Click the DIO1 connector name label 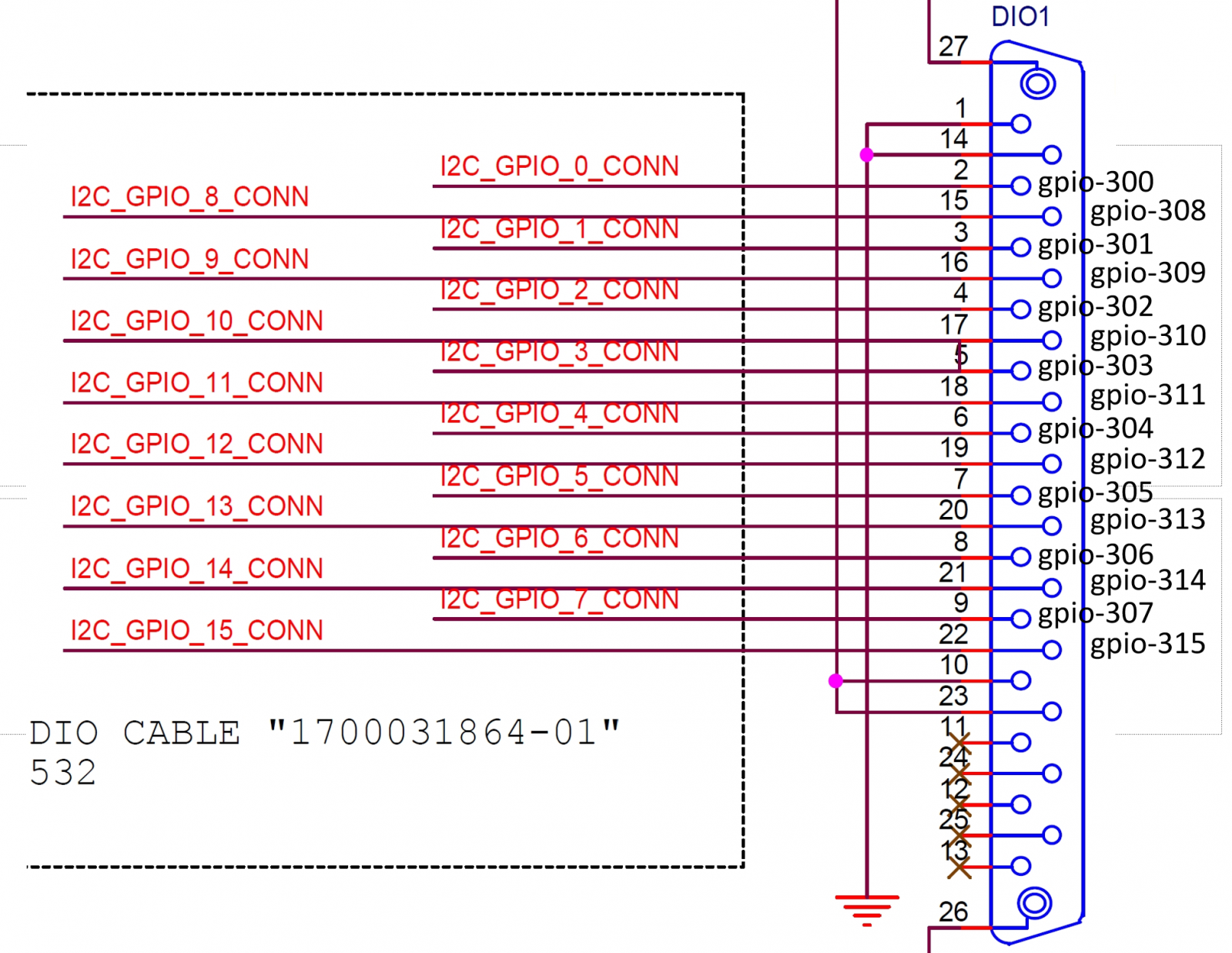tap(1019, 16)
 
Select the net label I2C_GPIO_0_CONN tap(559, 166)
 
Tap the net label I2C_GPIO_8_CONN tap(189, 197)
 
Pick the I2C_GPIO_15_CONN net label tap(196, 631)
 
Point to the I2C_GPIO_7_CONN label tap(559, 599)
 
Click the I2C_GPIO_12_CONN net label tap(196, 444)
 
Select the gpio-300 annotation tap(1095, 183)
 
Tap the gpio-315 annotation tap(1147, 644)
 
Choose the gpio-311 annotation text tap(1147, 395)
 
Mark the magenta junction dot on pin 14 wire tap(867, 155)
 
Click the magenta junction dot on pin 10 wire tap(836, 681)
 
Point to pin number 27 tap(952, 47)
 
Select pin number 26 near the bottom tap(952, 912)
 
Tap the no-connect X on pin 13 tap(959, 868)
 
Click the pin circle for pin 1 tap(1021, 124)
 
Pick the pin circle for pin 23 tap(1052, 712)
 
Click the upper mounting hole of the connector tap(1037, 83)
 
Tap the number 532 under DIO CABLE tap(63, 773)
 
